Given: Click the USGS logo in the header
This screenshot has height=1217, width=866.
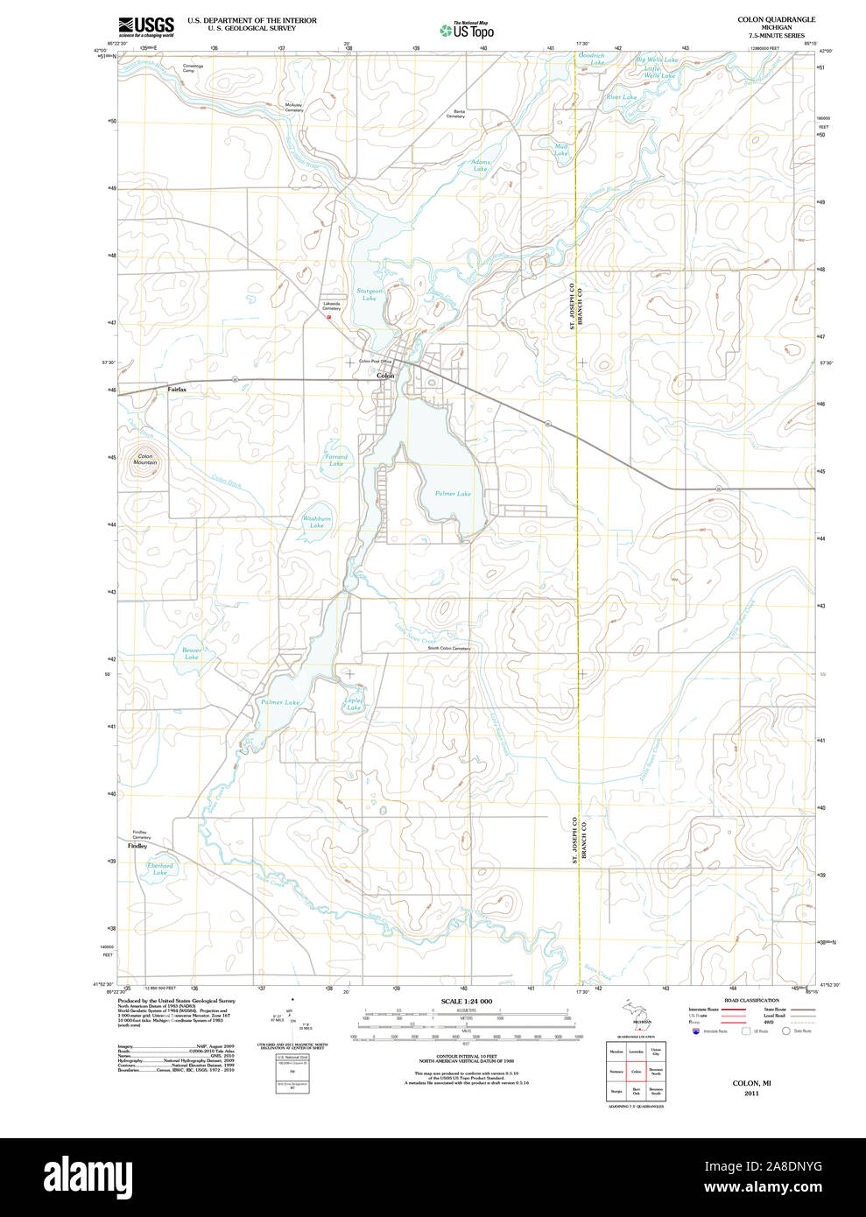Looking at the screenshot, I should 146,26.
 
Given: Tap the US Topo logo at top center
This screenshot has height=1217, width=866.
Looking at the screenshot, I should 467,31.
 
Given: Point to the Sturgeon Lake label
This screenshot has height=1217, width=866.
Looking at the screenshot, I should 370,294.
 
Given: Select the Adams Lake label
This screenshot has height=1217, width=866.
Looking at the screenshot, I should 481,165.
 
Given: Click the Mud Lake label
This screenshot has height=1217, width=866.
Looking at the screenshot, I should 561,150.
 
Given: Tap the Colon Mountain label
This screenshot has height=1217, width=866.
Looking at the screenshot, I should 145,460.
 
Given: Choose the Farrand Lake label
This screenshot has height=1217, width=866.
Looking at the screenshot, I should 336,460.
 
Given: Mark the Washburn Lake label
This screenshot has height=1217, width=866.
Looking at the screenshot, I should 317,522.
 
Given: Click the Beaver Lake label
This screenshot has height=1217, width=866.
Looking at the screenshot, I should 192,653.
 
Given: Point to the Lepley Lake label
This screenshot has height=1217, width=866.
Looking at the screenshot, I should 354,704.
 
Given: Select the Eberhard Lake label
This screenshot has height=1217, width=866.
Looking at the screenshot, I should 160,869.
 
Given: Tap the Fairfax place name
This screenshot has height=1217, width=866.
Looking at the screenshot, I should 177,389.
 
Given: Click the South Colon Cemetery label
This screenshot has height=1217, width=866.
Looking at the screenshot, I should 448,649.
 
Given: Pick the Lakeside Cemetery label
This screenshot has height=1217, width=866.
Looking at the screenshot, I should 331,306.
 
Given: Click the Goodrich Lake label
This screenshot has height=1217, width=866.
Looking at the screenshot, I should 592,59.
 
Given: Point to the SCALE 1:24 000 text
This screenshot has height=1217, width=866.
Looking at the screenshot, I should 466,1002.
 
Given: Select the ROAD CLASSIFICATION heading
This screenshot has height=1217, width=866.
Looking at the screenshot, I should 751,1000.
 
